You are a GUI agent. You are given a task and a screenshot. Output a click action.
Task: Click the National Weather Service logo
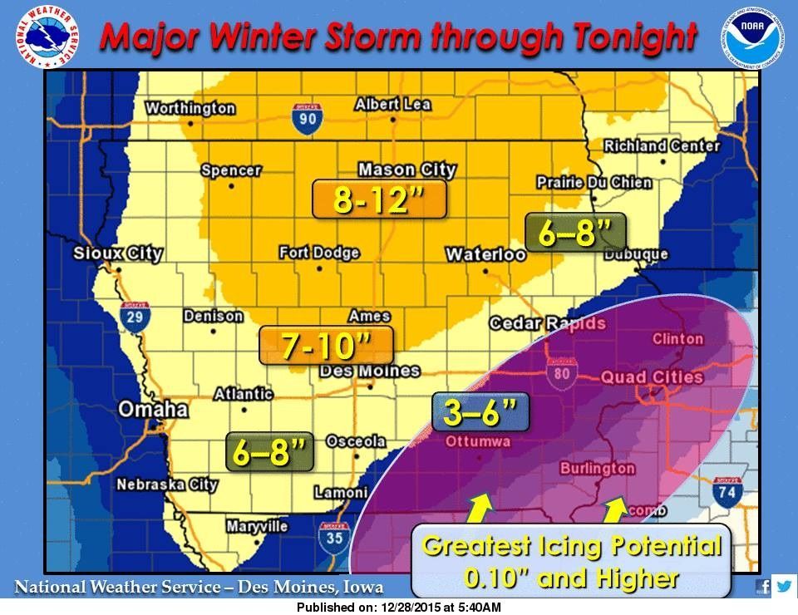[42, 36]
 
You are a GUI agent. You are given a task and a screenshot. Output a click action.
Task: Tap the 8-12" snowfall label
[379, 200]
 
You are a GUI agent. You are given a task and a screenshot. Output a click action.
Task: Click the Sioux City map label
[117, 254]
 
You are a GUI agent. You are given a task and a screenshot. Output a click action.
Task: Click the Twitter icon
[784, 586]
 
